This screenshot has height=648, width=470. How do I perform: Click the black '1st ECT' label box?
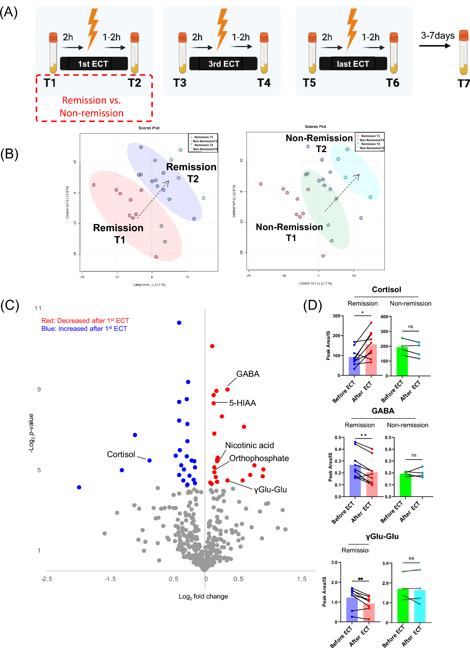tap(93, 64)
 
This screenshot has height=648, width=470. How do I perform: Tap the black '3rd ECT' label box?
tap(223, 64)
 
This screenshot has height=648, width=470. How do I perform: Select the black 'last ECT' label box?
tap(353, 64)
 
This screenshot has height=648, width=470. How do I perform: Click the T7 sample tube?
tap(464, 53)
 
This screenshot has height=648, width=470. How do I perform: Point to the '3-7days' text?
tap(437, 36)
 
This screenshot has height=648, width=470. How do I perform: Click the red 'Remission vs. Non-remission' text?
tap(91, 107)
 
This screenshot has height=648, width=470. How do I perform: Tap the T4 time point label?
tap(263, 83)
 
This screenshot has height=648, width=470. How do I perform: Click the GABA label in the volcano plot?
tap(247, 374)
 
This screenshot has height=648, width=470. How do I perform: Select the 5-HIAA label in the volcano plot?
tap(243, 403)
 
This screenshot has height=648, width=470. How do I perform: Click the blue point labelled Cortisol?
tap(149, 460)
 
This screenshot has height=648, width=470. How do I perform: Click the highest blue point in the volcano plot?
tap(179, 323)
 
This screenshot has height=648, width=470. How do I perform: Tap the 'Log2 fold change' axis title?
tap(203, 596)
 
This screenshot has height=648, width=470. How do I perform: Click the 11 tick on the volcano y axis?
tap(38, 308)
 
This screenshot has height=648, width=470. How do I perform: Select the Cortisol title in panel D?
tap(386, 289)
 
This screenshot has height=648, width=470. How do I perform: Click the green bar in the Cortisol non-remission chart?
tap(402, 361)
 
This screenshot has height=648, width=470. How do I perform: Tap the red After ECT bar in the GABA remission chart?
tap(372, 484)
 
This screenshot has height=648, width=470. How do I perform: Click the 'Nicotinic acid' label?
tap(249, 445)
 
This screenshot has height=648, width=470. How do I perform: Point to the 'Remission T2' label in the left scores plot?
tap(191, 173)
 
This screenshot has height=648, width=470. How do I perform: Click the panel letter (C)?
tap(10, 305)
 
